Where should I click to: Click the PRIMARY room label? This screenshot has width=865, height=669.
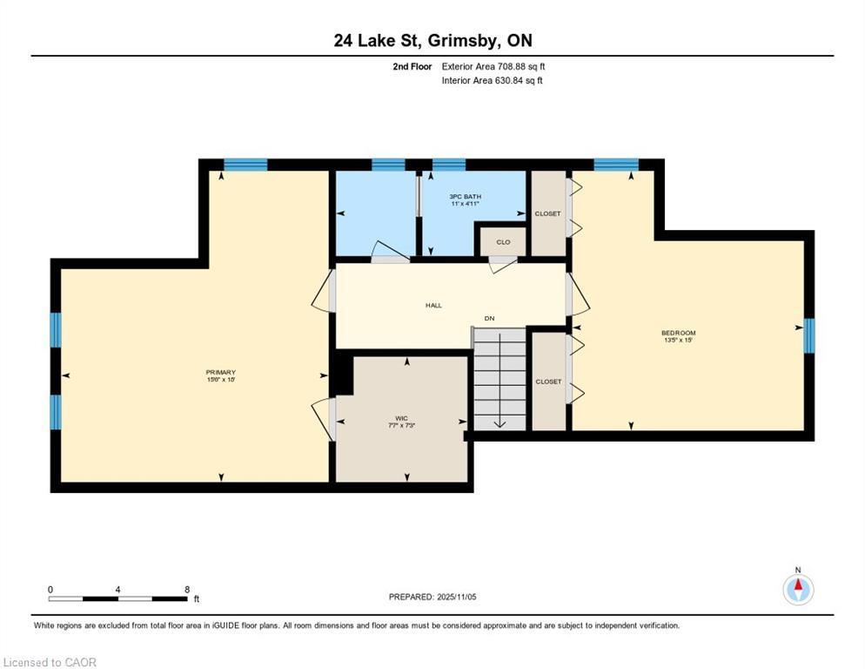click(x=221, y=373)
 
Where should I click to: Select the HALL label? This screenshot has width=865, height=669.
click(x=433, y=306)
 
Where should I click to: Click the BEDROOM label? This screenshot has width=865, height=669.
click(x=679, y=333)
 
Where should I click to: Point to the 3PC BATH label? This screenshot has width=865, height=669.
click(x=465, y=197)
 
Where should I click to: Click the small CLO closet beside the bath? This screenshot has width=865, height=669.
click(x=503, y=242)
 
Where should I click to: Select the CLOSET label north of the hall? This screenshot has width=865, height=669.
click(x=548, y=213)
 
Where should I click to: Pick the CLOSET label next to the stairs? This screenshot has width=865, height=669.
click(x=548, y=382)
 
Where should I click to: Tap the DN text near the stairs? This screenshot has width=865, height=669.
click(x=490, y=319)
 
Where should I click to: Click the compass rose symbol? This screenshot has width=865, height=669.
click(x=797, y=589)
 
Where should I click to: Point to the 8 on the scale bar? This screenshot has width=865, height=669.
click(x=187, y=589)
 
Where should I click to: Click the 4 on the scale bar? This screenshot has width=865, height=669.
click(x=117, y=589)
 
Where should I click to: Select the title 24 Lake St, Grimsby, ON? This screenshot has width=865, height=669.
click(x=432, y=40)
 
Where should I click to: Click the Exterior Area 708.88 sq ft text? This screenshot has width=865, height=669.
click(x=493, y=66)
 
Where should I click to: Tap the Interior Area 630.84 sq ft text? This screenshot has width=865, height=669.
click(x=493, y=81)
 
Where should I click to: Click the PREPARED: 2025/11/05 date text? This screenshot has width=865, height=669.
click(x=432, y=597)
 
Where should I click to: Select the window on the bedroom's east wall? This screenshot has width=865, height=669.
click(x=808, y=335)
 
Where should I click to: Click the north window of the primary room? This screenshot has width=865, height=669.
click(x=245, y=164)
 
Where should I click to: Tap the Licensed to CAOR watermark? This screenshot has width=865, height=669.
click(x=50, y=663)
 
